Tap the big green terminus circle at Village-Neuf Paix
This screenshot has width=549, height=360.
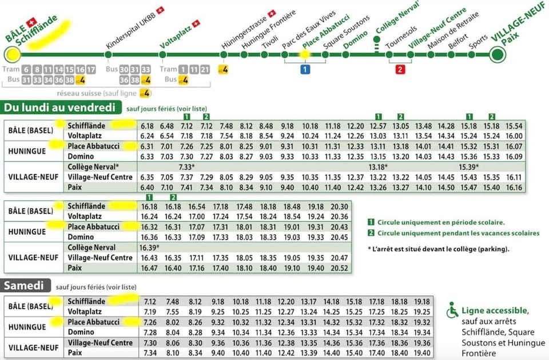point(498,54)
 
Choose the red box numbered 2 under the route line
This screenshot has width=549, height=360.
point(400,70)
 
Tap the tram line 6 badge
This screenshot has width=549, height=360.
point(27,69)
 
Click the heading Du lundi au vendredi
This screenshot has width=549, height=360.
point(59,107)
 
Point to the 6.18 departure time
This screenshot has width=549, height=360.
point(147,126)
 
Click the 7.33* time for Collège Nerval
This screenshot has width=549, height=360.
point(186,166)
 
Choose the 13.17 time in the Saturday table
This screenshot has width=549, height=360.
point(309,302)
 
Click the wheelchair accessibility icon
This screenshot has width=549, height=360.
point(453,310)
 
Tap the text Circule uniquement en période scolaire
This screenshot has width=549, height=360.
point(440,222)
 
